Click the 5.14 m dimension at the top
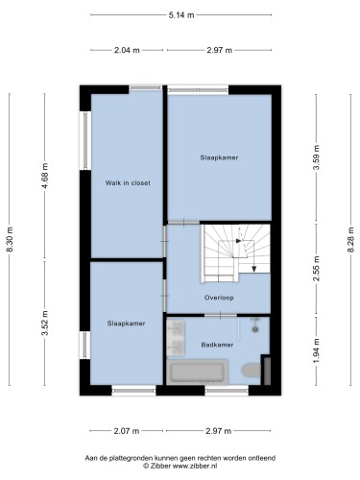[181, 15]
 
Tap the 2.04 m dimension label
[127, 50]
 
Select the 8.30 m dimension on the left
[10, 239]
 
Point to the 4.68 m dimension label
[45, 176]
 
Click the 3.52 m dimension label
[45, 323]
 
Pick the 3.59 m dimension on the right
[316, 157]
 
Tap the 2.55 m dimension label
[316, 269]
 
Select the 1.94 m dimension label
[316, 351]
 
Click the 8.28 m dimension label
[351, 239]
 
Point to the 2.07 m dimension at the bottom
[127, 431]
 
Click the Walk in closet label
[128, 183]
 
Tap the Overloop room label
[219, 298]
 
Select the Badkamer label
[217, 345]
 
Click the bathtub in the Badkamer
[197, 372]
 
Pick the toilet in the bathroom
[252, 371]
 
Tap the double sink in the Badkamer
[176, 338]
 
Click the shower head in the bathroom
[255, 328]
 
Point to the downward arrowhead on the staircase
[254, 269]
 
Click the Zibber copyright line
[180, 466]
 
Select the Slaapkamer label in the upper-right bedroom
[219, 157]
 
